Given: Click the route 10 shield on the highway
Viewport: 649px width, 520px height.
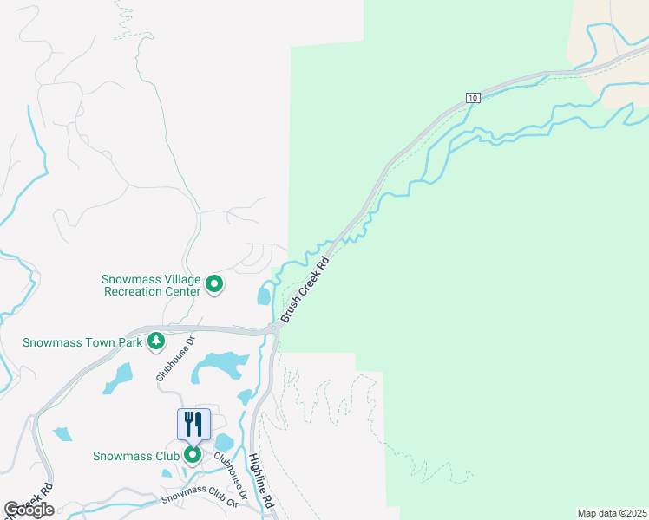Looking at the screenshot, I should [472, 98].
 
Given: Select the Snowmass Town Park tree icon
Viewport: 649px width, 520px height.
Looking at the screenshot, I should [156, 341].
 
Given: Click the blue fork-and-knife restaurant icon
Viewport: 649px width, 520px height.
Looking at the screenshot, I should [193, 424].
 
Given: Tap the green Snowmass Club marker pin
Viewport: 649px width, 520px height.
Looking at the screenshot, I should [193, 454].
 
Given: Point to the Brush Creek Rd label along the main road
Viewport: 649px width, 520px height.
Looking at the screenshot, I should [305, 289].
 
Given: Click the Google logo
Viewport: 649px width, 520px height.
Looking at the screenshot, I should [29, 510].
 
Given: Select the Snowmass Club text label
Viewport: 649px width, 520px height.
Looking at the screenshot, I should [136, 455].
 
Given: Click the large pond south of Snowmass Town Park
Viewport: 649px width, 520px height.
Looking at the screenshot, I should [217, 365].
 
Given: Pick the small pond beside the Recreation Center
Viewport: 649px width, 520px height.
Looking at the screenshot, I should [263, 296].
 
